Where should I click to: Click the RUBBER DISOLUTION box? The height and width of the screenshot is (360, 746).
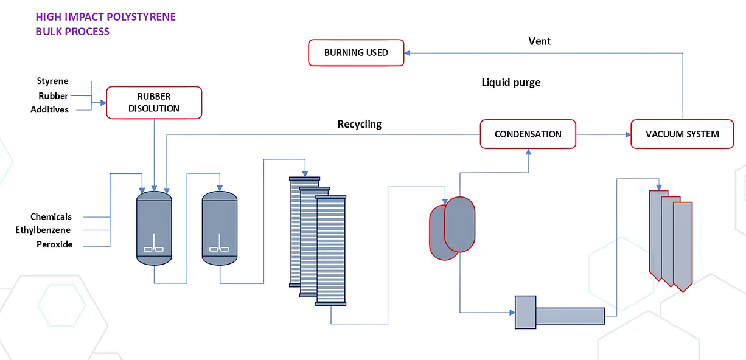pyautogui.click(x=154, y=102)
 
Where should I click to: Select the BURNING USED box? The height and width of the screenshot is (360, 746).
pyautogui.click(x=356, y=53)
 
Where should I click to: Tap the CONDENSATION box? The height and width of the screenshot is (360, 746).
pyautogui.click(x=528, y=134)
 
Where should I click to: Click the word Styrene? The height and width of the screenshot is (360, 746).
pyautogui.click(x=53, y=81)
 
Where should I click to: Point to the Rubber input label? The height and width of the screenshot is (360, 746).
pyautogui.click(x=53, y=95)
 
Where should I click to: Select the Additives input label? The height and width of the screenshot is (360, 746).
pyautogui.click(x=49, y=109)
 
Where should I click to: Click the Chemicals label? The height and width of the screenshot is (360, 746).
pyautogui.click(x=51, y=216)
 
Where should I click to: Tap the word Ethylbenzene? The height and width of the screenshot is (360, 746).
pyautogui.click(x=43, y=230)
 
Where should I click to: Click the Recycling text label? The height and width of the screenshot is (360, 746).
pyautogui.click(x=360, y=124)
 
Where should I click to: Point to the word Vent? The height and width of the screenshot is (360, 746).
pyautogui.click(x=540, y=41)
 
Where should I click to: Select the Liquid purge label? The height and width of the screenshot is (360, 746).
pyautogui.click(x=511, y=82)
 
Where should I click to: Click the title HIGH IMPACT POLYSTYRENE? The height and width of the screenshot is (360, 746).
pyautogui.click(x=106, y=17)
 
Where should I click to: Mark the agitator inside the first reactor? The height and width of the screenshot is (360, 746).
pyautogui.click(x=154, y=246)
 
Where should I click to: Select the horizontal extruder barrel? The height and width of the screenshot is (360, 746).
pyautogui.click(x=570, y=316)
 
